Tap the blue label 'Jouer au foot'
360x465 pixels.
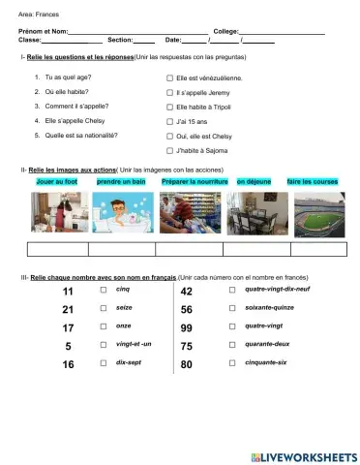(x=56, y=181)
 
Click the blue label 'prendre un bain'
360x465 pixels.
(x=121, y=181)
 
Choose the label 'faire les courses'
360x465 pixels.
(x=313, y=181)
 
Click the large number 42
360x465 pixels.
(x=188, y=292)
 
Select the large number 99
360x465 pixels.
(x=188, y=327)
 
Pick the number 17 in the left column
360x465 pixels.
(x=68, y=327)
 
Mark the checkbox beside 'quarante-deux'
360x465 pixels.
(x=231, y=346)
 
